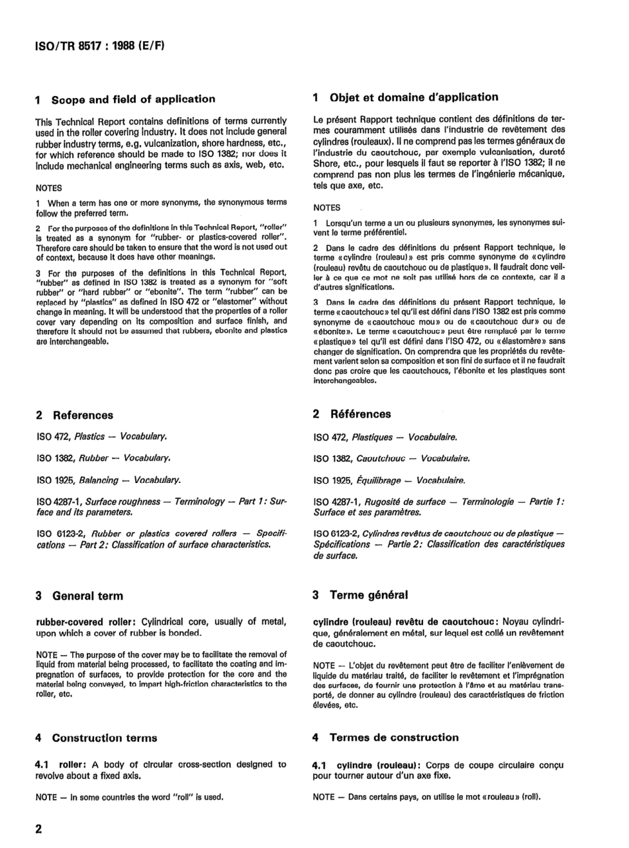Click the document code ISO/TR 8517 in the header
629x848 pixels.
(x=66, y=48)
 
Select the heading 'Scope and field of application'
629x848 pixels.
(x=133, y=99)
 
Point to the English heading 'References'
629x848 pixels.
(x=83, y=415)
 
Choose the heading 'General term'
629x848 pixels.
(x=87, y=596)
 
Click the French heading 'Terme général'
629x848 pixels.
(x=369, y=595)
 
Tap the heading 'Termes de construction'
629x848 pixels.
(x=394, y=737)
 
